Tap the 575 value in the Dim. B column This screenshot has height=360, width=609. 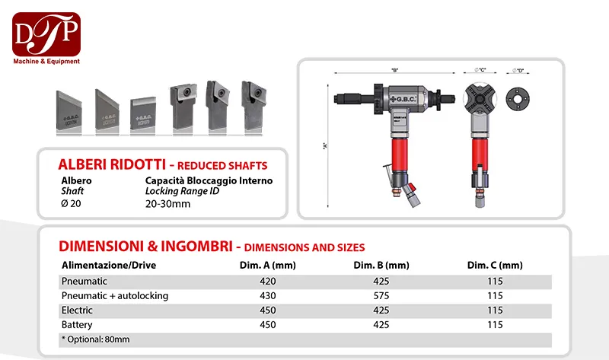pos(381,295)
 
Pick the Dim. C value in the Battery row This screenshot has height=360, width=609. pos(495,323)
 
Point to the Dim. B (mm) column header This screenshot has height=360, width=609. pos(381,266)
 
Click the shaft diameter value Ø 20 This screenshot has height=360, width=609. pos(71,203)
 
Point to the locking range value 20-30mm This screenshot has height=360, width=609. pos(168,203)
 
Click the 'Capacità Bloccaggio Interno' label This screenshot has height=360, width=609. pos(209,181)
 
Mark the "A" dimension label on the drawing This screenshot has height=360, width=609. pos(325,148)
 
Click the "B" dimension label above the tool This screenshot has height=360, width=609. pos(395,71)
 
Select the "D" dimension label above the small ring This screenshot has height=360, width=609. pos(520,71)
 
